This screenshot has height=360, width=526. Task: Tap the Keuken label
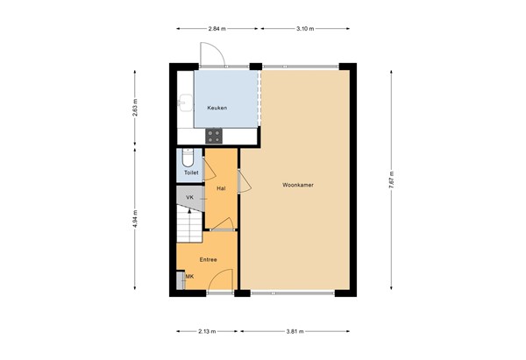pos(217,108)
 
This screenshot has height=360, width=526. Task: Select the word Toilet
pos(191,173)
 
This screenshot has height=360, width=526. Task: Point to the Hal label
pos(221,188)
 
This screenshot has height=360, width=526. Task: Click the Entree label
pos(208,259)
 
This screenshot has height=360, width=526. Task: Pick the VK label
pos(189,198)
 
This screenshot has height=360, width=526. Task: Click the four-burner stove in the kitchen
pos(214,135)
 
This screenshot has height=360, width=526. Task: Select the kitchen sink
pos(183,103)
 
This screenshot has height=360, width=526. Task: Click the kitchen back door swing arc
pos(215,54)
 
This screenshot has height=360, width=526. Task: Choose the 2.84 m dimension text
pos(217,29)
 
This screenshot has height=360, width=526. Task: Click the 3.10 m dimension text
pos(304,29)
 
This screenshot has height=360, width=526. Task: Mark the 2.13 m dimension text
pos(207,332)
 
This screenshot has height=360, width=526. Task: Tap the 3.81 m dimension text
pos(298,332)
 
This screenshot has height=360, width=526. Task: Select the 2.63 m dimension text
pos(134,107)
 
